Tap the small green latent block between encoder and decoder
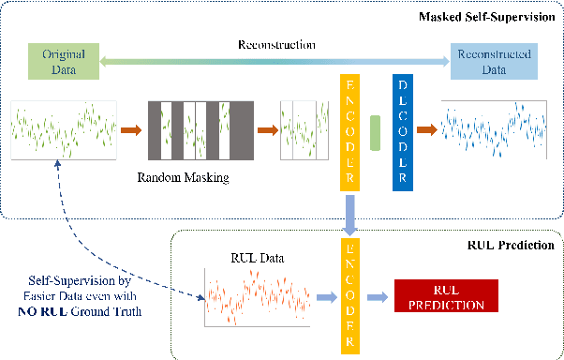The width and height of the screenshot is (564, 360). (376, 133)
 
